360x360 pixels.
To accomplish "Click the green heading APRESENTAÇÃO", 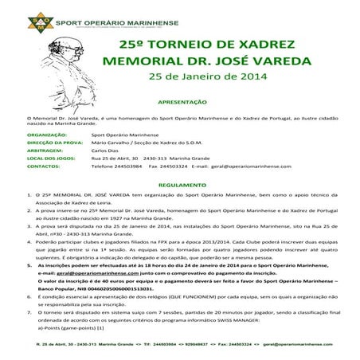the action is click(183, 103).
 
